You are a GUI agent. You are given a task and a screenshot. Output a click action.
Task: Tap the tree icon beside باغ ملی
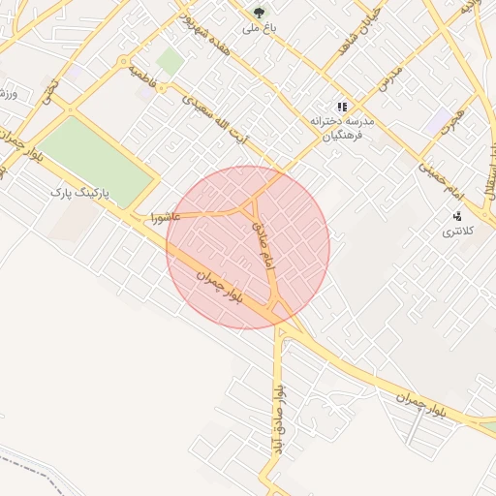259,13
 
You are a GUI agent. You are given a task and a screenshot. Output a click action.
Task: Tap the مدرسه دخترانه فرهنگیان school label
341,130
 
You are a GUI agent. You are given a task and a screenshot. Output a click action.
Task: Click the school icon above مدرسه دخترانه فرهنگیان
341,107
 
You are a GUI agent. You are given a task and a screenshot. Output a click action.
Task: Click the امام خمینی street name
442,183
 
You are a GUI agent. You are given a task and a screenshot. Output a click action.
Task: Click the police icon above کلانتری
456,215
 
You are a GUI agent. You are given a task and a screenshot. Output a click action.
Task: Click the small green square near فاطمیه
170,62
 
